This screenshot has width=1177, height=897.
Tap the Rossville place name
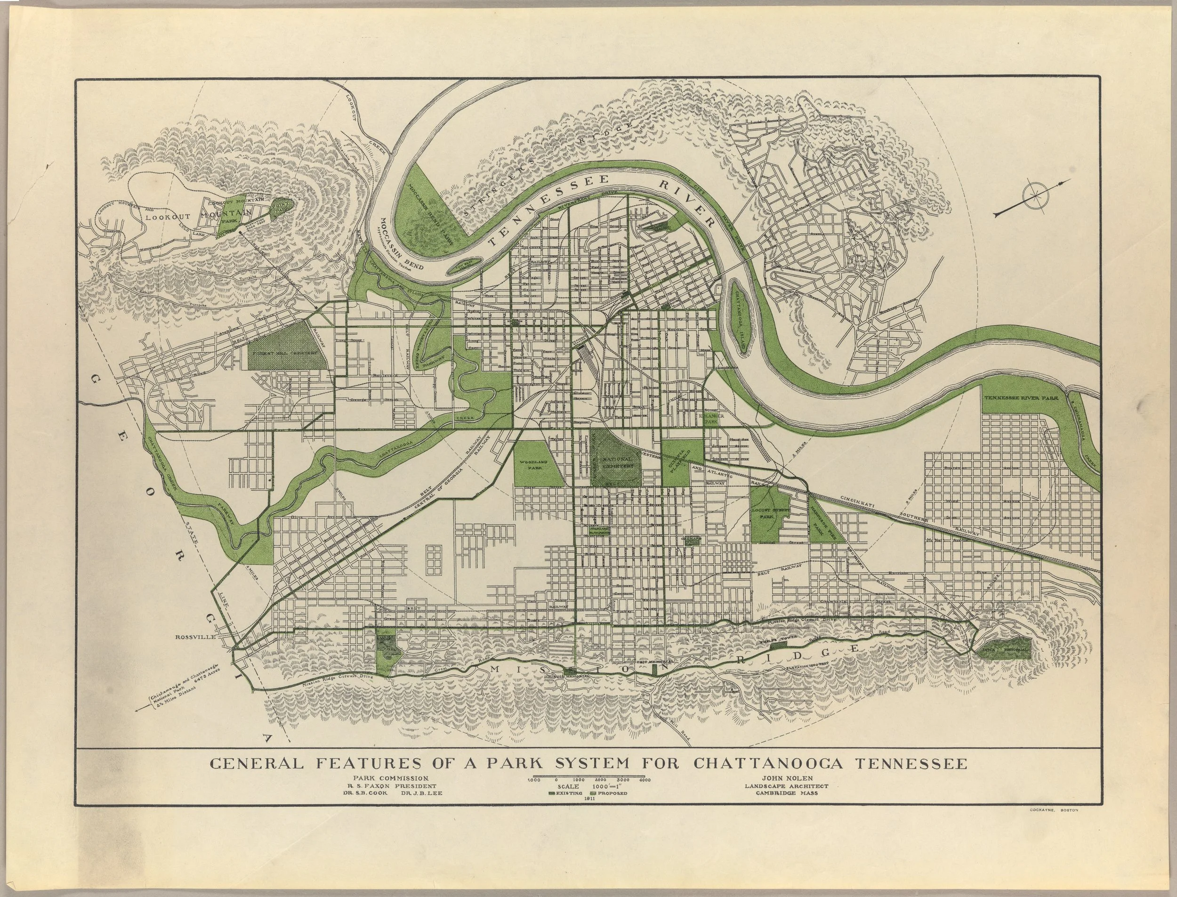195,637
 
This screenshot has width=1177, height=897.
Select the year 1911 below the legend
590,799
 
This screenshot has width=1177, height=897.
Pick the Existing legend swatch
552,793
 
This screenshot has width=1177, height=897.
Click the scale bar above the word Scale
589,775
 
